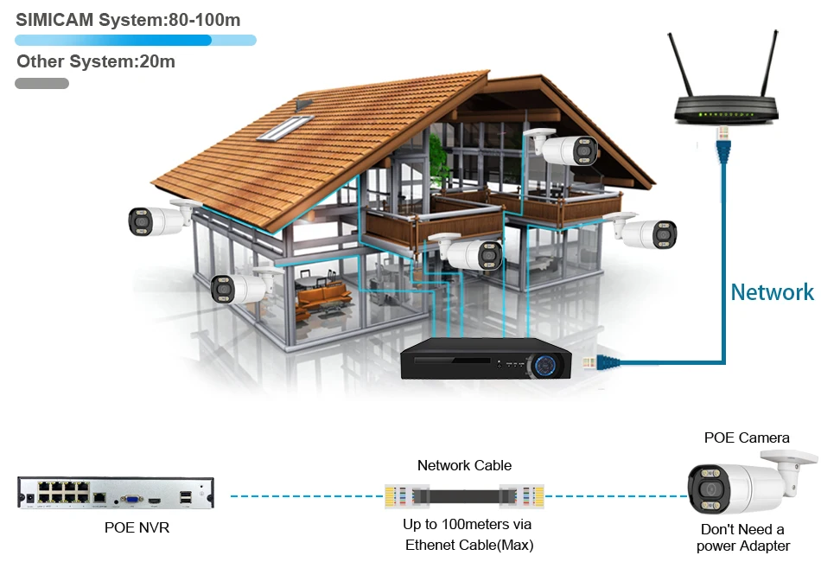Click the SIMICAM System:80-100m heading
tap(128, 19)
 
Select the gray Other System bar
tap(41, 84)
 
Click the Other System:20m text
tap(96, 61)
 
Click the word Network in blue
tap(772, 292)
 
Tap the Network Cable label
tap(464, 465)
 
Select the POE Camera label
tap(747, 437)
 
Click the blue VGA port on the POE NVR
tap(130, 499)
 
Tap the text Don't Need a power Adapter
tap(743, 537)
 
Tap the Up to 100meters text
tap(468, 525)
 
